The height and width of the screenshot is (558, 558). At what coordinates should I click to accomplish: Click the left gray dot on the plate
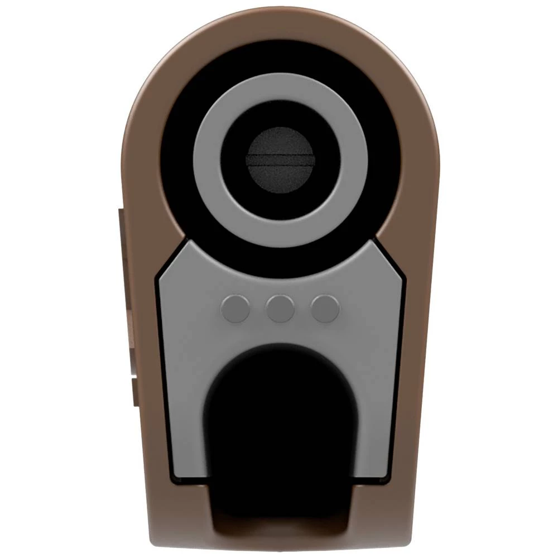click(x=235, y=309)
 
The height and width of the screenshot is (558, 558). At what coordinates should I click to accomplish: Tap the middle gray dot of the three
click(x=280, y=309)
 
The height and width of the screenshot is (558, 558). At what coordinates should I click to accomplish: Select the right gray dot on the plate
click(x=325, y=309)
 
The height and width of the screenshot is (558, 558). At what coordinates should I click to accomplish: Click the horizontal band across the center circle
click(x=281, y=161)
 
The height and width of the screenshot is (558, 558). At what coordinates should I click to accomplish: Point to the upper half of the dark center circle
click(x=281, y=142)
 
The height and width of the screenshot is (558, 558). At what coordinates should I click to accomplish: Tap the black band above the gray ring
click(x=281, y=56)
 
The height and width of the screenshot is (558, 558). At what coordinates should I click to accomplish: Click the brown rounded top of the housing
click(x=281, y=22)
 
